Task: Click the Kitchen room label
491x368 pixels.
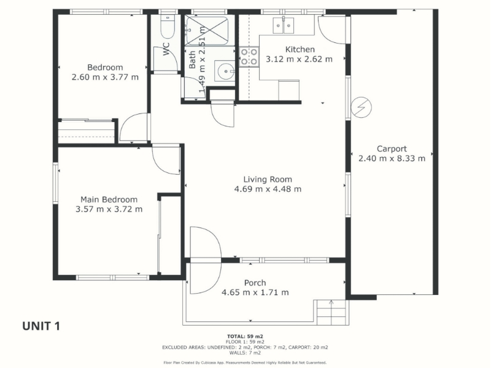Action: (300, 50)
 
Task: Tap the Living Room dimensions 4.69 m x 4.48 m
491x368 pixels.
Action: (268, 189)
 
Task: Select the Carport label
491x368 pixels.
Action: (392, 149)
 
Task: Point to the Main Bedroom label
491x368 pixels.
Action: (109, 199)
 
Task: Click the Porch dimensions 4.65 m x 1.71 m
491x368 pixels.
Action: (255, 293)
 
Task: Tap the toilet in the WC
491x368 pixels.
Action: (166, 26)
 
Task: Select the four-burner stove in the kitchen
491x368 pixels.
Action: (249, 56)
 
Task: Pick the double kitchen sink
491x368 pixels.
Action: (284, 25)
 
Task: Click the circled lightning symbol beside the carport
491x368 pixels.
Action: (361, 107)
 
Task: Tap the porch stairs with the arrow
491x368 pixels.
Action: (331, 313)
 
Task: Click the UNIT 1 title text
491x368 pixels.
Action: (41, 326)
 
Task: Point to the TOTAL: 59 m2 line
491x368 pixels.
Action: (245, 337)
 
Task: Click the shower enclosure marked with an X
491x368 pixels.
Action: (207, 31)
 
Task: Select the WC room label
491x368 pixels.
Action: (166, 49)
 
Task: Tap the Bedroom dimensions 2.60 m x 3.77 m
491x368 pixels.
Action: (105, 77)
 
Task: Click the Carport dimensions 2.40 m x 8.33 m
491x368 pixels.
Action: (392, 158)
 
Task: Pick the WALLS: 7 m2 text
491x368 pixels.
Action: (245, 353)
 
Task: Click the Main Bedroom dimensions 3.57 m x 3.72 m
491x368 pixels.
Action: (109, 209)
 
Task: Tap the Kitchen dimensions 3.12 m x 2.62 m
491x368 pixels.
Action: (299, 59)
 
